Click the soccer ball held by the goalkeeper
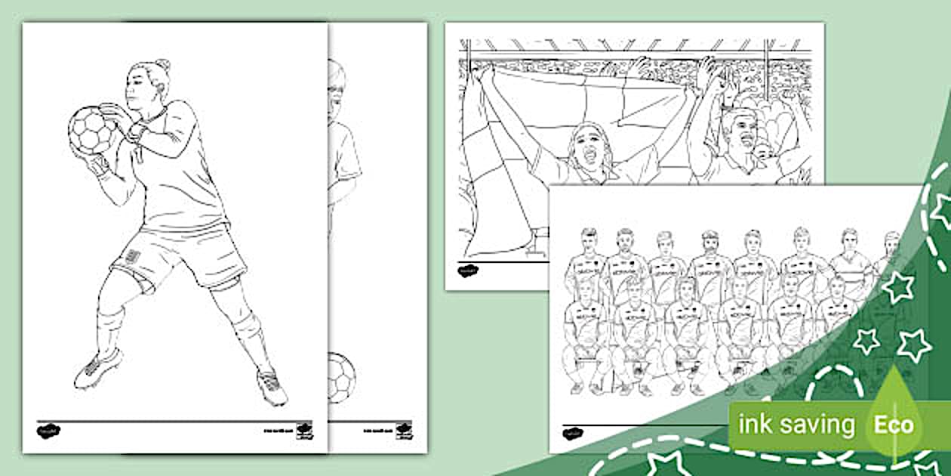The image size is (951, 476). click(x=92, y=130)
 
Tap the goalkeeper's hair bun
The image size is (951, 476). click(x=162, y=66)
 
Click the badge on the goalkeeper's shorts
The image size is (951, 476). click(x=134, y=256)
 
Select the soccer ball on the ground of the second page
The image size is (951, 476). click(x=341, y=376)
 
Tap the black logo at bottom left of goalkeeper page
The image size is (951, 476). click(x=48, y=431)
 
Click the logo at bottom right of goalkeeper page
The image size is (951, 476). click(x=303, y=430)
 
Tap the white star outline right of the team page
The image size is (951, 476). click(x=898, y=287)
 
